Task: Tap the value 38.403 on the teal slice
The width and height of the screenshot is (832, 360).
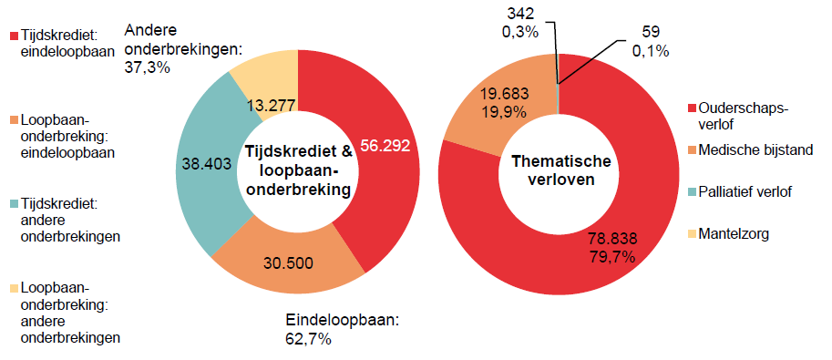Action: tap(200, 168)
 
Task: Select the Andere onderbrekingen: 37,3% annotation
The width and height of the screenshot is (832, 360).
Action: tap(181, 47)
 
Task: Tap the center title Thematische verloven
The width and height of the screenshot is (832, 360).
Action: tap(559, 169)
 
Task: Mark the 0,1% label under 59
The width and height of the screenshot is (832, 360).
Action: tap(651, 51)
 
